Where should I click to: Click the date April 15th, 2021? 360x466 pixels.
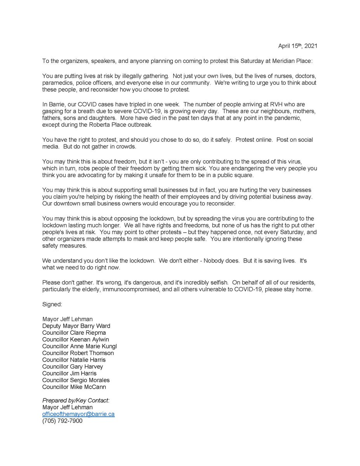click(x=297, y=46)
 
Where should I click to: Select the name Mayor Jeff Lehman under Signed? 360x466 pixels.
click(x=68, y=319)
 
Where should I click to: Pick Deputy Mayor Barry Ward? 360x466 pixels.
click(x=76, y=326)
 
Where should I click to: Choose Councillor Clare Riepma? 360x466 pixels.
click(x=74, y=333)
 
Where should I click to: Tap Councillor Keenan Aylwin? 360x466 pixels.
click(x=77, y=339)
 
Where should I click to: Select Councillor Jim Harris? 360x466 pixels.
click(x=70, y=373)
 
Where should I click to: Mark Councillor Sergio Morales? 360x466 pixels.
click(x=76, y=380)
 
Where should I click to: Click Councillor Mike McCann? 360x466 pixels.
click(x=74, y=387)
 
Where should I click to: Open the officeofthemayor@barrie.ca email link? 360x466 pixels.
click(x=78, y=414)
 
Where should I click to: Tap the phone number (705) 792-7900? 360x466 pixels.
click(x=62, y=421)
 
